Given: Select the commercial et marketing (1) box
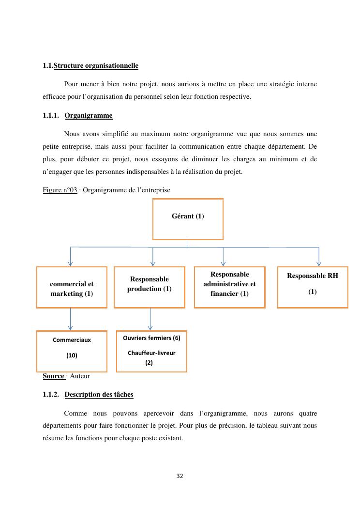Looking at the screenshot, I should click(72, 287).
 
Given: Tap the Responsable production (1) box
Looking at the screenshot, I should click(149, 287).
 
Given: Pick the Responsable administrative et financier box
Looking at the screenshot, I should click(229, 287).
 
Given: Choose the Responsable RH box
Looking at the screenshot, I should click(312, 287).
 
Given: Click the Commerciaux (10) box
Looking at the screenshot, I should click(72, 351).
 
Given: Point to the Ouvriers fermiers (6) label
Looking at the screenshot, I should click(151, 338).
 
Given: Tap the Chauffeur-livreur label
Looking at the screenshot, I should click(151, 353).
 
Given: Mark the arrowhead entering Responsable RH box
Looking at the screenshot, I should click(318, 263).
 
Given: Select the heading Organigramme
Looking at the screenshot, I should click(88, 115).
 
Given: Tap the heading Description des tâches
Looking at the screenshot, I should click(99, 394).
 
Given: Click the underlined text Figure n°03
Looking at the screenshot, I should click(60, 190).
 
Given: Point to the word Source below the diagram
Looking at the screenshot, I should click(53, 376).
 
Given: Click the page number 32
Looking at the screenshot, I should click(180, 476).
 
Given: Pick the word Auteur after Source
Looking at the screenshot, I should click(80, 376).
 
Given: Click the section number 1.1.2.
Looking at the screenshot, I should click(51, 394).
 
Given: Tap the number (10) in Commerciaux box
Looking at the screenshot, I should click(72, 355).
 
